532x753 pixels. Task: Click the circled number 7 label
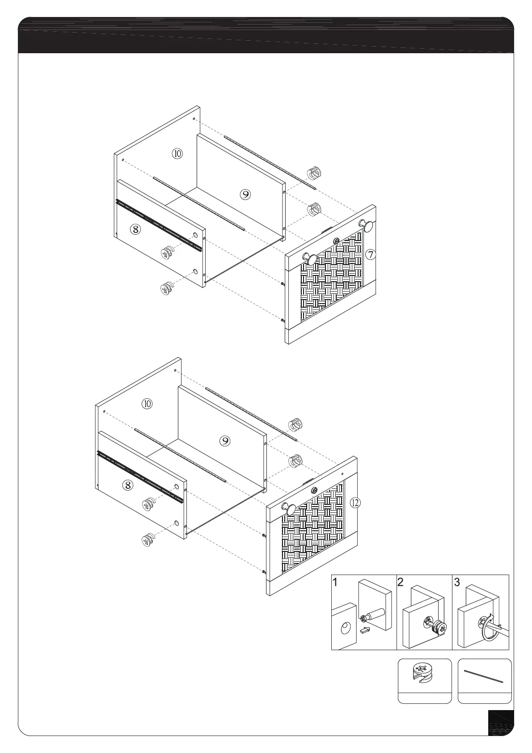pos(370,255)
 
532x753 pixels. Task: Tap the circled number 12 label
pos(355,503)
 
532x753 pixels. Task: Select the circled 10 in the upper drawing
pos(177,153)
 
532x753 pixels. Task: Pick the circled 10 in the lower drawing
pos(147,404)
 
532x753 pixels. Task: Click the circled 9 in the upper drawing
pos(245,194)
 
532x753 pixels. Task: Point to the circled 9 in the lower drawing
pos(225,441)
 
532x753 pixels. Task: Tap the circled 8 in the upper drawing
pos(135,229)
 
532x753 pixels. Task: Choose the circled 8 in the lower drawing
pos(128,484)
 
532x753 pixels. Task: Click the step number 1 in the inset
pos(336,583)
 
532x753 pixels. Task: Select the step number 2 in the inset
pos(401,583)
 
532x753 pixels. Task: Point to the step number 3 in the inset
pos(457,583)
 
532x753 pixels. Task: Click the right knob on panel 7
pos(368,226)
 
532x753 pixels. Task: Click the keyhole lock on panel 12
pos(314,490)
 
